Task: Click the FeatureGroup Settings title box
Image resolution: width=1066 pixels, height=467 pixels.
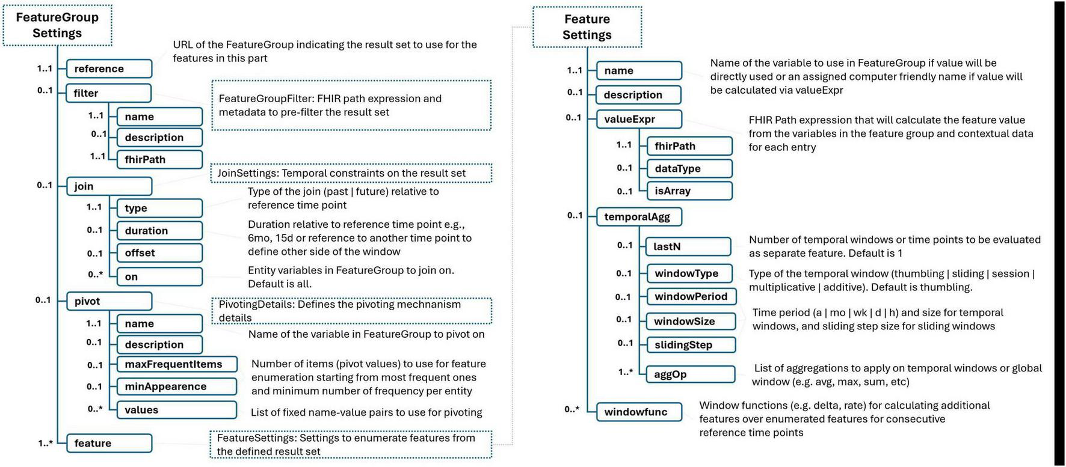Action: pyautogui.click(x=57, y=25)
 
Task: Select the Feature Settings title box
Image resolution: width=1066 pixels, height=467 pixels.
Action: pyautogui.click(x=587, y=27)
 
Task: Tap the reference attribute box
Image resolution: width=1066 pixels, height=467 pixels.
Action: pyautogui.click(x=108, y=69)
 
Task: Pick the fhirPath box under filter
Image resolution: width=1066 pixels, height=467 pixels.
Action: pyautogui.click(x=159, y=159)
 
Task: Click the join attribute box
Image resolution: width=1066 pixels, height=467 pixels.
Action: pyautogui.click(x=108, y=186)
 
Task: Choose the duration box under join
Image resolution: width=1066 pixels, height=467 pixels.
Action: pyautogui.click(x=159, y=230)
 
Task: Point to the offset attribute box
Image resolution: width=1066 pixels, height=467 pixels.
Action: pyautogui.click(x=159, y=253)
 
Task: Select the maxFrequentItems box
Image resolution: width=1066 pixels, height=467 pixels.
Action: pyautogui.click(x=176, y=364)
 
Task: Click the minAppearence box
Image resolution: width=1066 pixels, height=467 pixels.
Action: pyautogui.click(x=176, y=386)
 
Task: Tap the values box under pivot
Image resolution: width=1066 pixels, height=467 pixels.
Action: pyautogui.click(x=176, y=410)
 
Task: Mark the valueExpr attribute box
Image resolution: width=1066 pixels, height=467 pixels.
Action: pyautogui.click(x=638, y=119)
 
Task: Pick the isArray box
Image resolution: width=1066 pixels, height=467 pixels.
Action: pyautogui.click(x=689, y=191)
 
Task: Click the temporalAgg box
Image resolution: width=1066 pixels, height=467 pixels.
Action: pyautogui.click(x=638, y=216)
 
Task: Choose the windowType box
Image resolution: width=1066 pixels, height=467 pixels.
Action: pyautogui.click(x=689, y=273)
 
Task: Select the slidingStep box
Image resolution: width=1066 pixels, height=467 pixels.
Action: pyautogui.click(x=690, y=345)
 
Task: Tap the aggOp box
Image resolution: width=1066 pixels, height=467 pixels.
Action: pyautogui.click(x=690, y=374)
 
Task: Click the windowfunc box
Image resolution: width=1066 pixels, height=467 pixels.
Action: pyautogui.click(x=638, y=412)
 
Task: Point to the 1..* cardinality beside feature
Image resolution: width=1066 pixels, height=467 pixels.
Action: pyautogui.click(x=45, y=443)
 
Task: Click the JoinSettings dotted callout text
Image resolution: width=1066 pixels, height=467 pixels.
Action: pyautogui.click(x=350, y=173)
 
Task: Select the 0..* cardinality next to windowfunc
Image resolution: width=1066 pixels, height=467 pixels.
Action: pyautogui.click(x=572, y=409)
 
